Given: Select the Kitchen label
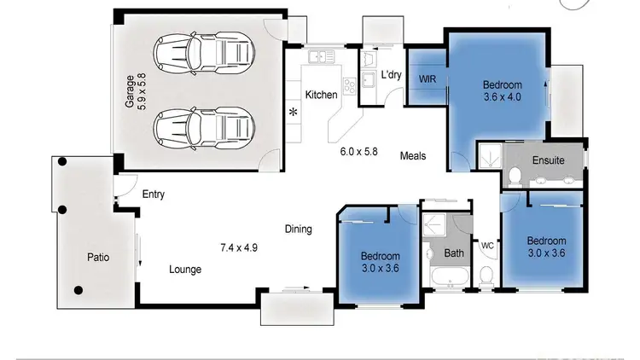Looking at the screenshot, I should coord(321,94).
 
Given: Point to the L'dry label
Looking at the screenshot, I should coord(392,75).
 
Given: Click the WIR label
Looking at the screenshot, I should coord(428,78).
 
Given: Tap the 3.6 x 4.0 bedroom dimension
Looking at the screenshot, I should coord(502,97).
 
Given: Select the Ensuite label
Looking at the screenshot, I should coord(547,160).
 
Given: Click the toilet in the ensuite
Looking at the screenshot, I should coord(515,176).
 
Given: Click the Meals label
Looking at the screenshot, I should coord(413,156).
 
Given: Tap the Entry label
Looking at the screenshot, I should coord(154,195).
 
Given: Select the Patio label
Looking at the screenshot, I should coord(98,257).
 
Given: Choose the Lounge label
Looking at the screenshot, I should coord(185,270).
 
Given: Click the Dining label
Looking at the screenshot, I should coord(298,229).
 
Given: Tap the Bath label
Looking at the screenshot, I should coord(454,253).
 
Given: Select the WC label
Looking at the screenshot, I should coord(487,246).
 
